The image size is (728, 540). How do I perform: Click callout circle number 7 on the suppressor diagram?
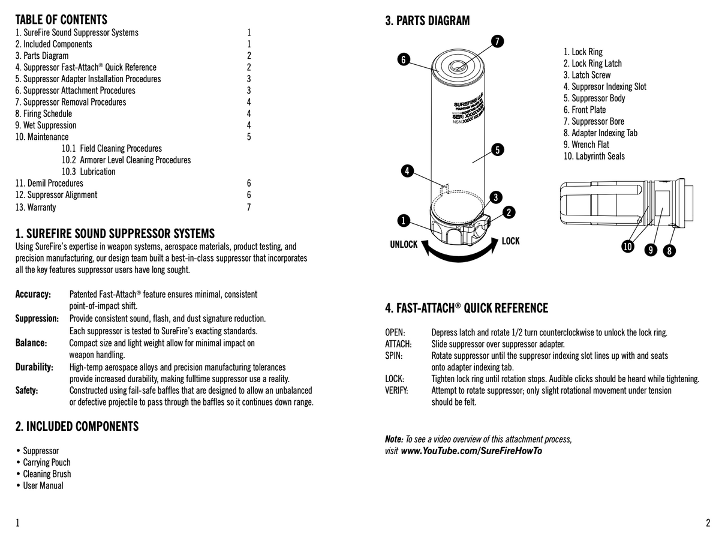point(497,41)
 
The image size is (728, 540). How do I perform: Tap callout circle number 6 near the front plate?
point(404,59)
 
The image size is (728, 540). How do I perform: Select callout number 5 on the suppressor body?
point(497,149)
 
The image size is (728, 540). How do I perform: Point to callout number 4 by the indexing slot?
point(407,172)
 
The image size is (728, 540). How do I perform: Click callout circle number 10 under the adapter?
point(627,247)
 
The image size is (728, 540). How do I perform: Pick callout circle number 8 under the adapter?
point(669,251)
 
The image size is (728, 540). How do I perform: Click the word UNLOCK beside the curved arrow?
point(404,245)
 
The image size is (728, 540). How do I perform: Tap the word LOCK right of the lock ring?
point(510,241)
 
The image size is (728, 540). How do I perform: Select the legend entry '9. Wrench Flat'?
point(586,145)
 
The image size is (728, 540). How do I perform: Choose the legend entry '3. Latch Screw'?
point(586,75)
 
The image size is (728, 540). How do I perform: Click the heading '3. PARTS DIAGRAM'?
point(427,21)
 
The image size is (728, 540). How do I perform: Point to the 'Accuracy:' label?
point(33,295)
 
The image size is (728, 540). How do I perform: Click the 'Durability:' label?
point(34,367)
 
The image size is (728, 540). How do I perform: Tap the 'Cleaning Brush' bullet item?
point(46,474)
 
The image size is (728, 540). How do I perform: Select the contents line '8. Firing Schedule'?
point(43,114)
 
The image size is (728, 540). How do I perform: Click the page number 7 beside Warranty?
point(249,208)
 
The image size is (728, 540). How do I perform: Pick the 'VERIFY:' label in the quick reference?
point(396,391)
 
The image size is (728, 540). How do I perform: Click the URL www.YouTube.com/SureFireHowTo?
point(471,451)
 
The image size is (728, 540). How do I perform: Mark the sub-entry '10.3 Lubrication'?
point(88,172)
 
